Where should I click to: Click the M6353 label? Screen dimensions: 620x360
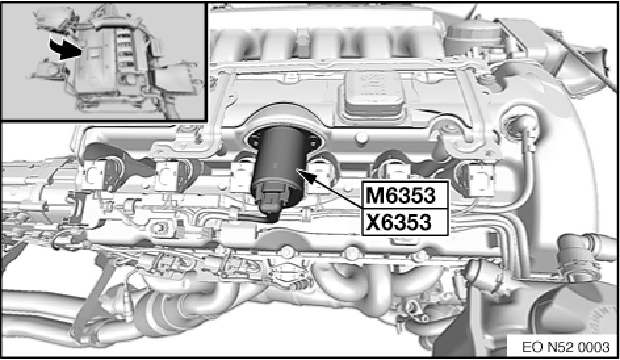click(x=400, y=195)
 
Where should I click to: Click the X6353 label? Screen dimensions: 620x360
click(x=398, y=222)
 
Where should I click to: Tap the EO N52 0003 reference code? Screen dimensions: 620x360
click(x=566, y=347)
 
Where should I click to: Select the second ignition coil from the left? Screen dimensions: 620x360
click(x=170, y=175)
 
